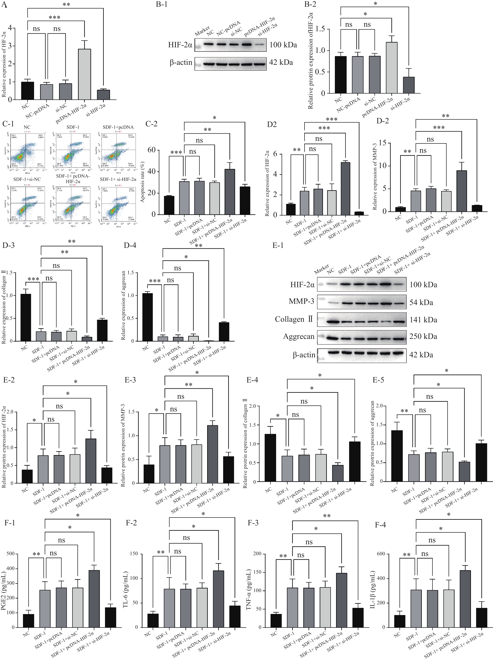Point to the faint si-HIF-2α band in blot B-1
pos(260,45)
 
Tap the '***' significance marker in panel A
pos(55,18)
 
